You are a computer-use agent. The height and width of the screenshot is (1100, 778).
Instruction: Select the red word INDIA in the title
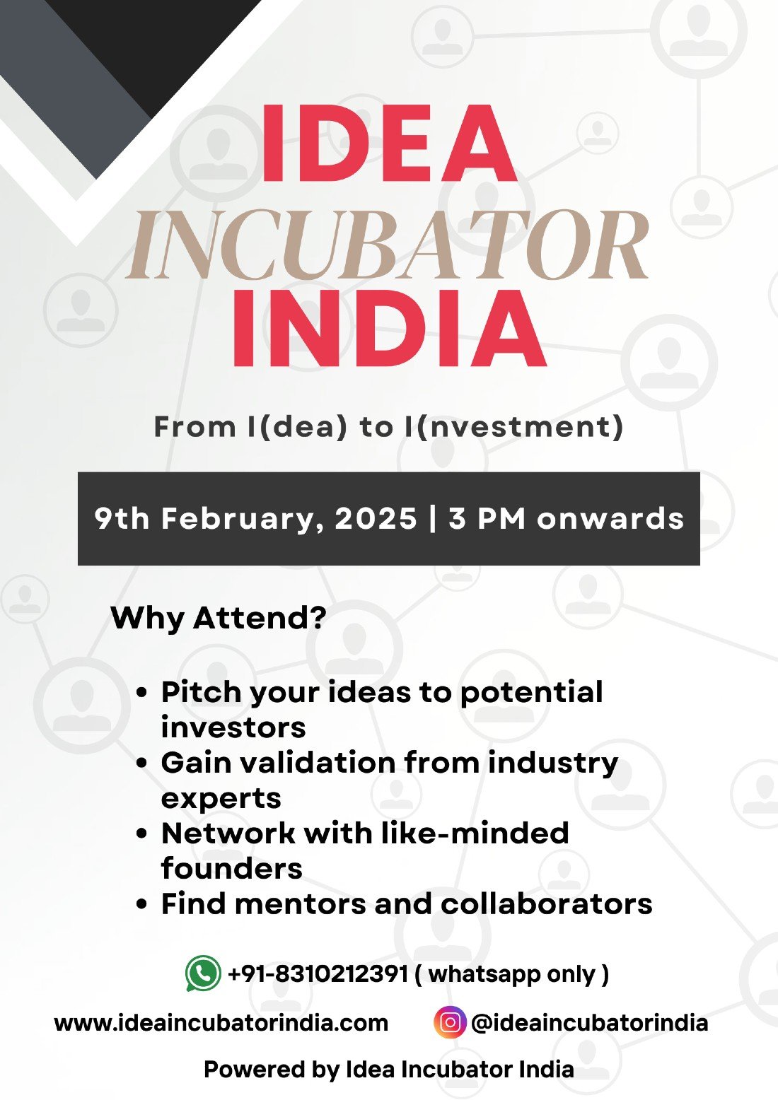coord(390,327)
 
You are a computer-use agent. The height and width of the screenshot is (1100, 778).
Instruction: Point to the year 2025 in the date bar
coord(376,519)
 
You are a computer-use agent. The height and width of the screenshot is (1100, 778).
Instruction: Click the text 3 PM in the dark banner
coord(487,519)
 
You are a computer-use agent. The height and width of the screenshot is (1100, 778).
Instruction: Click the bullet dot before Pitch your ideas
coord(142,693)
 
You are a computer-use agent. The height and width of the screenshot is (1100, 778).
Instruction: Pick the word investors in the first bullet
coord(233,727)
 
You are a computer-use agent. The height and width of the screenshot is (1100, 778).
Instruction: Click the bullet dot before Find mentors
coord(142,905)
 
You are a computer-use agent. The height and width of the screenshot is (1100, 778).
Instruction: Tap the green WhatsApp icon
coord(203,973)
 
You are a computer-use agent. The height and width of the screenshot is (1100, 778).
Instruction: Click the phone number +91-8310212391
coord(318,973)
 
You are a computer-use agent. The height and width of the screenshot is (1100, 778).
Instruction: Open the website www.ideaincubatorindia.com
coord(221,1024)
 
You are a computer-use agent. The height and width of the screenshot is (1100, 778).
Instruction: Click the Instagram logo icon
coord(449,1022)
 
